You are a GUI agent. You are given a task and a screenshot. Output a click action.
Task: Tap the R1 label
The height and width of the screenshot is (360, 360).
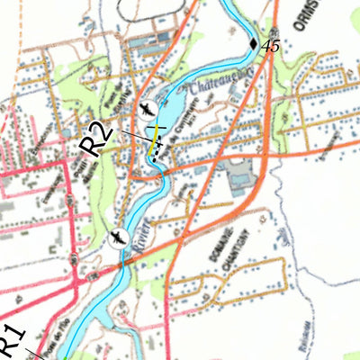11,339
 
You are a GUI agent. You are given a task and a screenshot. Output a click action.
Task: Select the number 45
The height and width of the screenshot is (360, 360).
271,46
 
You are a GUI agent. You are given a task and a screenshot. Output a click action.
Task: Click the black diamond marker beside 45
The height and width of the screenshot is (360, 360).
253,43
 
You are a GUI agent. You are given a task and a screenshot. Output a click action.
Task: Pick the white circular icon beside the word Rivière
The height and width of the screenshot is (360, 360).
115,238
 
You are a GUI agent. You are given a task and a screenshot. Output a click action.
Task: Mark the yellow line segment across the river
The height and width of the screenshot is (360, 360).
157,135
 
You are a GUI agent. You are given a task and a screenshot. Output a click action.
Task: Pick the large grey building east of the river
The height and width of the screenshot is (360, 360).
238,175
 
